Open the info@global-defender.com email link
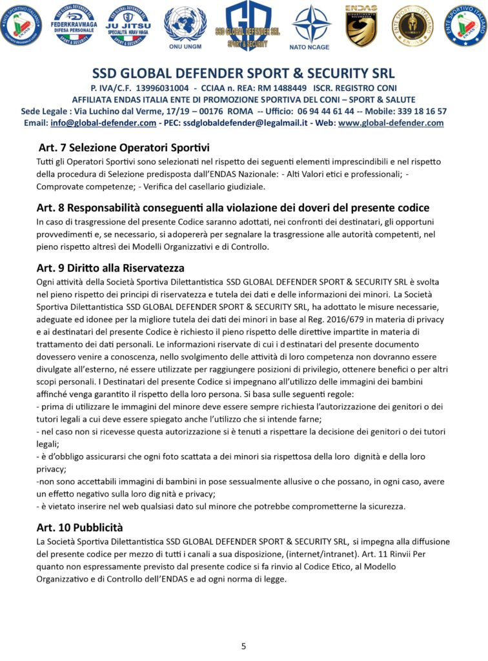pyautogui.click(x=103, y=123)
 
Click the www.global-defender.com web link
pyautogui.click(x=391, y=123)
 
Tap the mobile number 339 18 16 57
pyautogui.click(x=418, y=111)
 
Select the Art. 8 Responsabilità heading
pyautogui.click(x=233, y=208)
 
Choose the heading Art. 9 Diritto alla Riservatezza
pyautogui.click(x=110, y=268)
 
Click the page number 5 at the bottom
pyautogui.click(x=244, y=646)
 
